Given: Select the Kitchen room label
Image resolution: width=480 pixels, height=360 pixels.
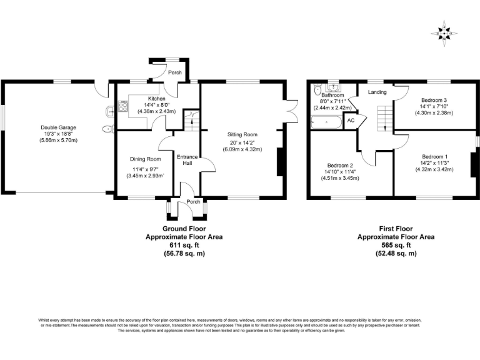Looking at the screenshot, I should point(156,99).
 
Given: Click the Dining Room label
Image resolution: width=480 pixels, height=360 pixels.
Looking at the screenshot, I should point(145,159).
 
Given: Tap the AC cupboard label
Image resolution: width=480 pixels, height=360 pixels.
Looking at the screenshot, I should point(351,120).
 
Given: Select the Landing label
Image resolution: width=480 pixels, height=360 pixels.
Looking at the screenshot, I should point(377,92).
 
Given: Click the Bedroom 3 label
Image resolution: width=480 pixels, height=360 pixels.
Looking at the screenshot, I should point(434,100).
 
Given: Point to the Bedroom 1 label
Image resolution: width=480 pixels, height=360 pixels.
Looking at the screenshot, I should point(434,156).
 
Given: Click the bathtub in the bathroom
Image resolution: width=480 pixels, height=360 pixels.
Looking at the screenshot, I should point(326,122).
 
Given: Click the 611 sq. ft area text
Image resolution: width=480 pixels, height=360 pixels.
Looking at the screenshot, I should point(184,246).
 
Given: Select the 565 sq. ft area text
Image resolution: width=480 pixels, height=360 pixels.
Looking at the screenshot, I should point(396,246).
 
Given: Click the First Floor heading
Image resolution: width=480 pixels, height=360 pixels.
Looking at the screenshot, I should point(396,229).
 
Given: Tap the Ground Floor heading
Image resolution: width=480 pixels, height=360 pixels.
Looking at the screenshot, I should point(184,229).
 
